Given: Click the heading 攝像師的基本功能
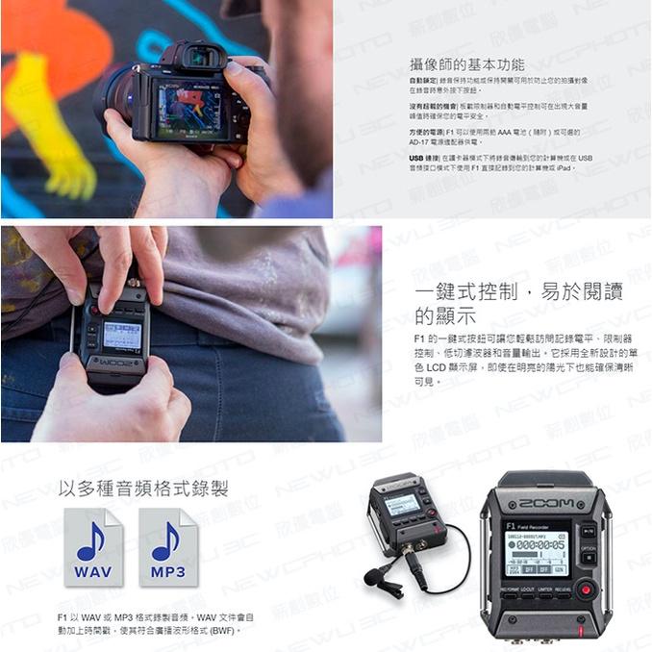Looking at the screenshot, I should pyautogui.click(x=466, y=64).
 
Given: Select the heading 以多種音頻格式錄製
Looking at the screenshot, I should pyautogui.click(x=143, y=488).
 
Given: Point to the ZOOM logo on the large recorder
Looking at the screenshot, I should pyautogui.click(x=545, y=503).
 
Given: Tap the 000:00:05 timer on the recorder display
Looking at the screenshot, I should pyautogui.click(x=540, y=544).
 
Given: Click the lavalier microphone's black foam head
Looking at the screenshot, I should pyautogui.click(x=372, y=577).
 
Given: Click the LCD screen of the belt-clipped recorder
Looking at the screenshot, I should pyautogui.click(x=122, y=335).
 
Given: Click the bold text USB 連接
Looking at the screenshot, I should pyautogui.click(x=423, y=157).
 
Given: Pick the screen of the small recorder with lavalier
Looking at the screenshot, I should pyautogui.click(x=402, y=504).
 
